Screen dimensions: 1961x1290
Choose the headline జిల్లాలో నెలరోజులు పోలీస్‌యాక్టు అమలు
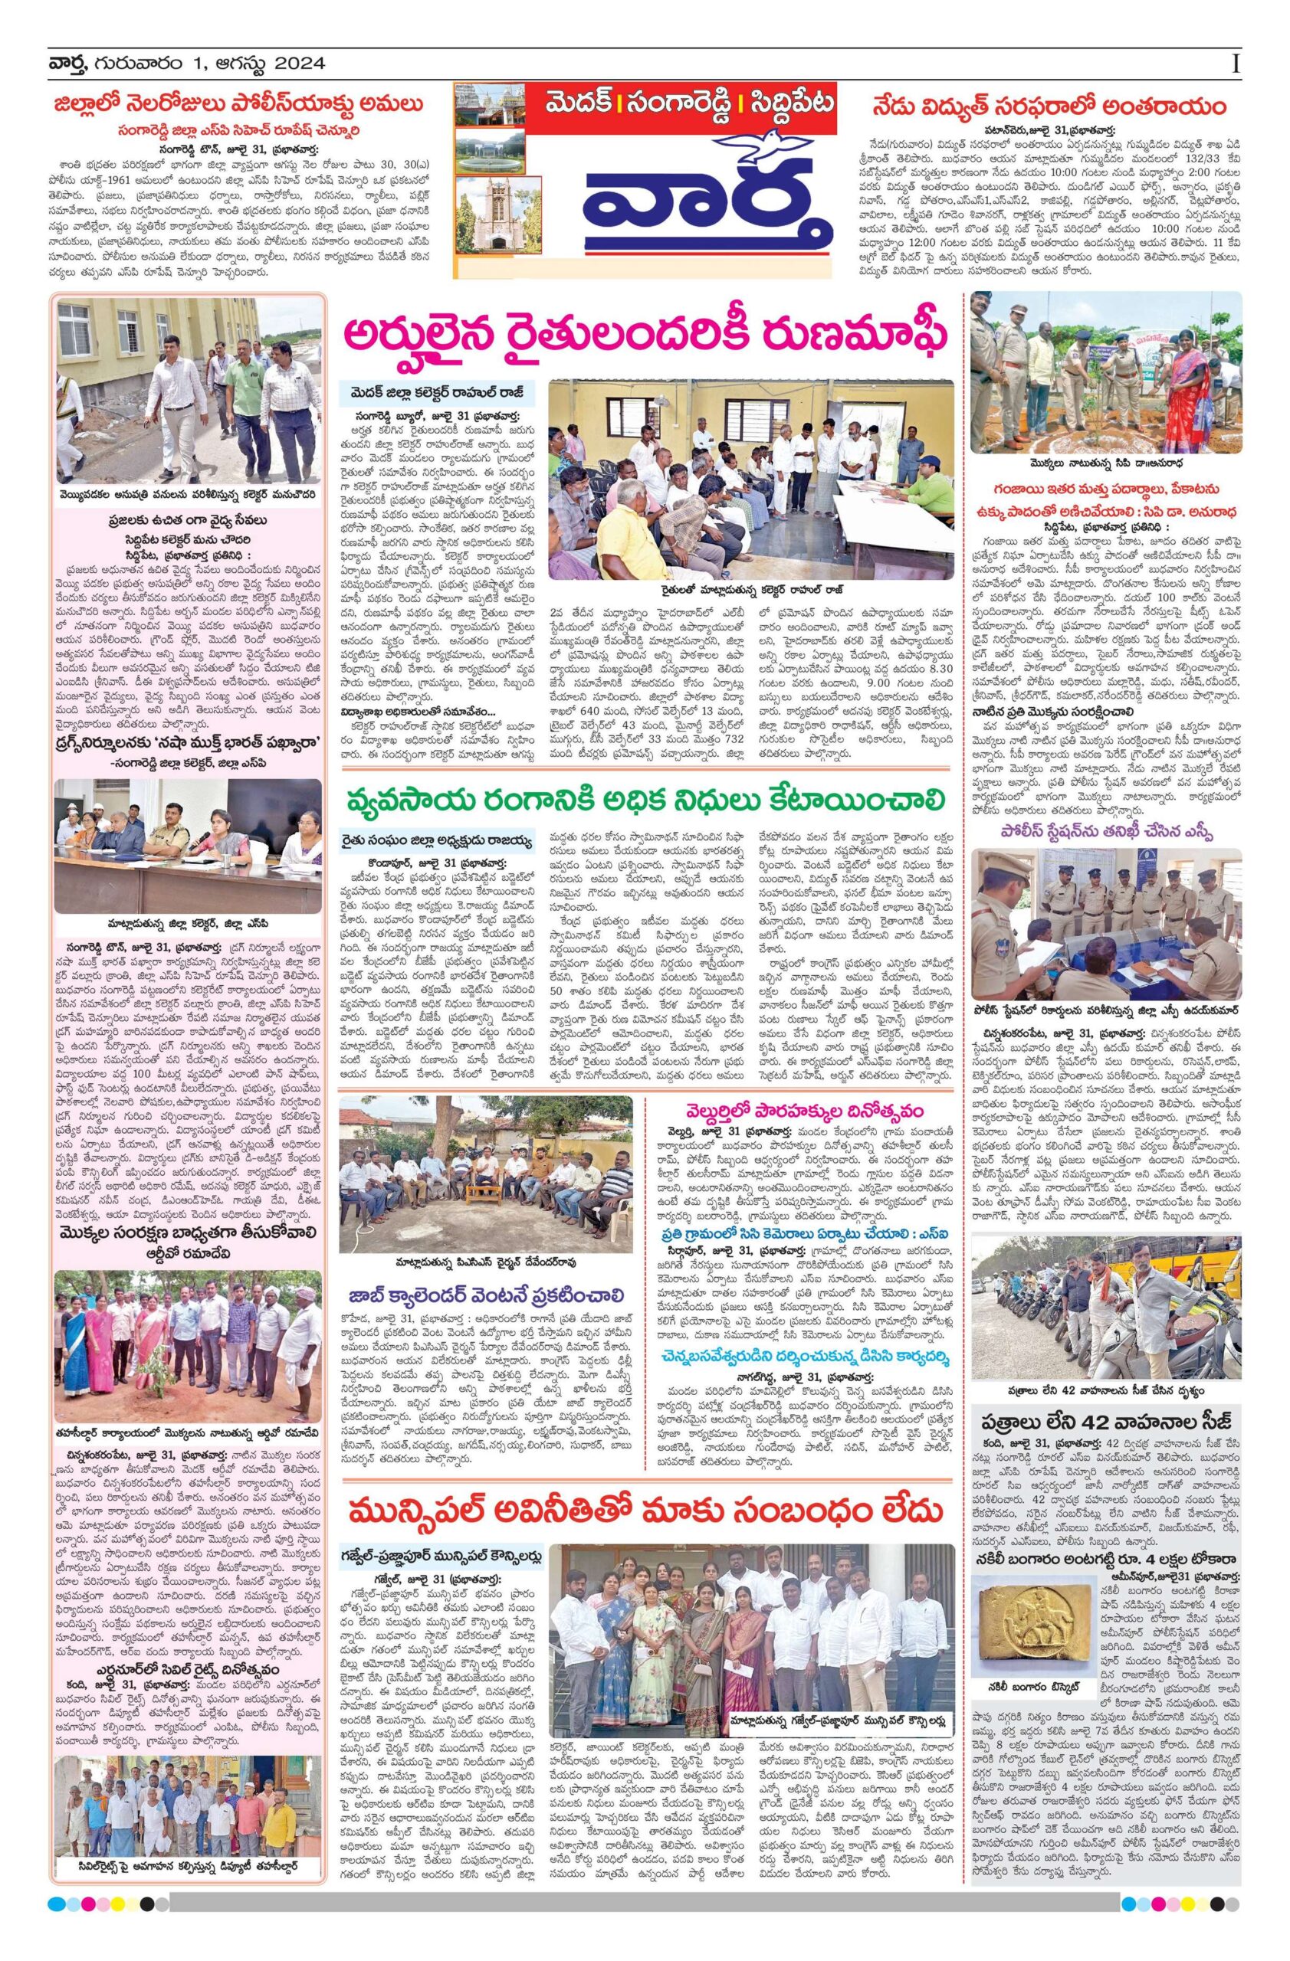[x=239, y=106]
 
